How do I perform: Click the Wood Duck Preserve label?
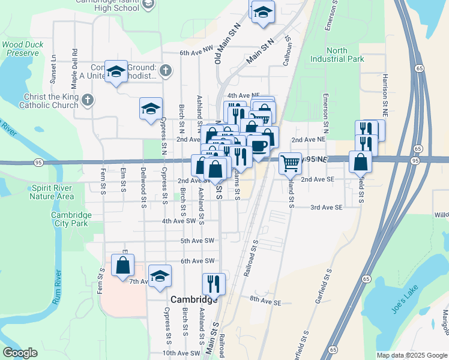click(x=25, y=49)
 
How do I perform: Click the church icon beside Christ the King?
click(x=88, y=100)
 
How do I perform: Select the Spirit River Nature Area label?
click(x=52, y=192)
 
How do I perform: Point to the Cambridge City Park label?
click(x=71, y=219)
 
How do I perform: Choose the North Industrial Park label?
click(x=337, y=55)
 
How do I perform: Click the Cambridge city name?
click(x=194, y=299)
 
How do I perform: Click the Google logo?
click(x=20, y=353)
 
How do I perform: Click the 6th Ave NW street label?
click(x=196, y=53)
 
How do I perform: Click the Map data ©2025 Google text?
click(x=411, y=355)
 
